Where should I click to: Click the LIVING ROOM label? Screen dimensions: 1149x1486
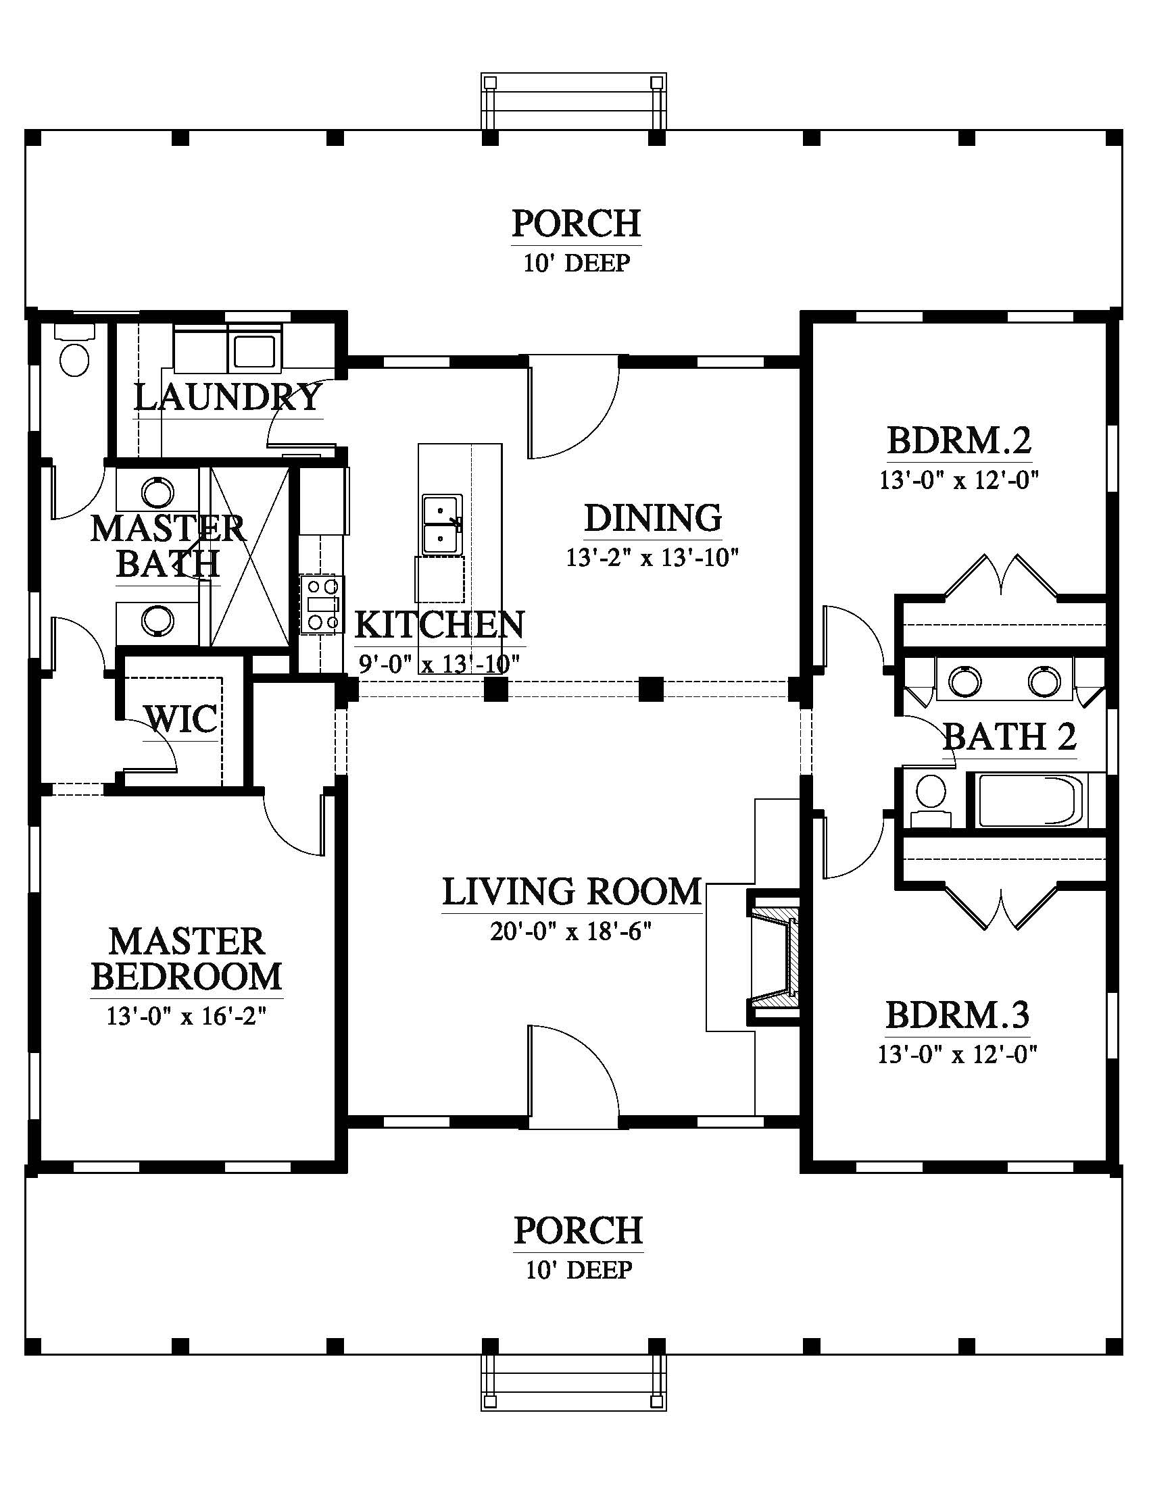click(x=572, y=892)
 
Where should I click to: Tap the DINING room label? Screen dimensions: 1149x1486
click(x=653, y=518)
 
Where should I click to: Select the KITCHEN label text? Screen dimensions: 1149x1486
click(x=440, y=625)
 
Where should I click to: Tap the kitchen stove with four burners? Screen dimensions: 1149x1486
click(x=322, y=605)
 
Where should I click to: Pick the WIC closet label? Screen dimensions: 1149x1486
click(x=181, y=719)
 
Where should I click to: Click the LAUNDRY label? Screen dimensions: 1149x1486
click(x=227, y=397)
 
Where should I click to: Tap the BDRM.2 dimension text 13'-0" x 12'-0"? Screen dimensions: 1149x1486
click(x=958, y=480)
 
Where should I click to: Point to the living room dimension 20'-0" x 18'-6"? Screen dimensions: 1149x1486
click(x=571, y=931)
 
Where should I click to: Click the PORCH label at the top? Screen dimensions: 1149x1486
click(x=577, y=223)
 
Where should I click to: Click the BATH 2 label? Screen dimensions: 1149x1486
click(x=1010, y=736)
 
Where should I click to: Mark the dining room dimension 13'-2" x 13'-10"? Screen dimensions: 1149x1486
click(x=653, y=558)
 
